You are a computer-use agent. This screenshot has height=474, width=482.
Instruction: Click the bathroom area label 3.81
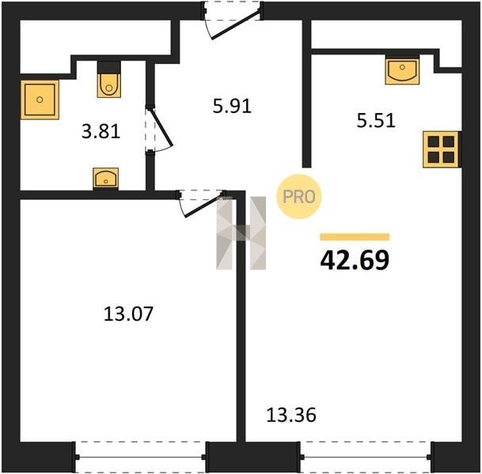click(101, 132)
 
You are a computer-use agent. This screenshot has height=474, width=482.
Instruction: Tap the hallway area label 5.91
click(232, 107)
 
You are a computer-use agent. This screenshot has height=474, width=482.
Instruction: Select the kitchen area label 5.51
click(376, 120)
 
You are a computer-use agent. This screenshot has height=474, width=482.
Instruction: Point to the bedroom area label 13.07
click(128, 314)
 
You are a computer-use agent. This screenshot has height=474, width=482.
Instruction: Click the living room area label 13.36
click(291, 415)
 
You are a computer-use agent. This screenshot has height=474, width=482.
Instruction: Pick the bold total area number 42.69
click(355, 260)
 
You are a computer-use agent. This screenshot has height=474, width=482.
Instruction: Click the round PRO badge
click(299, 197)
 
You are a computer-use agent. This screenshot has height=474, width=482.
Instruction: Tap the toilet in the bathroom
click(109, 85)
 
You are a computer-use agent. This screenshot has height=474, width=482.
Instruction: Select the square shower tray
click(40, 100)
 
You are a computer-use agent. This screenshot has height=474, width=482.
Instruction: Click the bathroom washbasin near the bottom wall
click(105, 178)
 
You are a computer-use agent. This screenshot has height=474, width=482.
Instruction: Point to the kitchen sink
click(402, 71)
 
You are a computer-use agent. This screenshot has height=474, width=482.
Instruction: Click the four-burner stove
click(441, 149)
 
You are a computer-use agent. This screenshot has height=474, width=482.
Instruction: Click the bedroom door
click(201, 203)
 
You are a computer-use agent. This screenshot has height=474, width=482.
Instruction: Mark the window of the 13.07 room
click(140, 457)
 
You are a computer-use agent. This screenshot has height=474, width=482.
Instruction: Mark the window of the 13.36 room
click(366, 457)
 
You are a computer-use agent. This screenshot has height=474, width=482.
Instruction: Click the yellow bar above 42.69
click(355, 237)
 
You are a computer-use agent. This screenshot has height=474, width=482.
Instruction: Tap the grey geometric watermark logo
click(241, 233)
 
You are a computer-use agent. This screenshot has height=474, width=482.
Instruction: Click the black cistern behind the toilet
click(108, 67)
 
